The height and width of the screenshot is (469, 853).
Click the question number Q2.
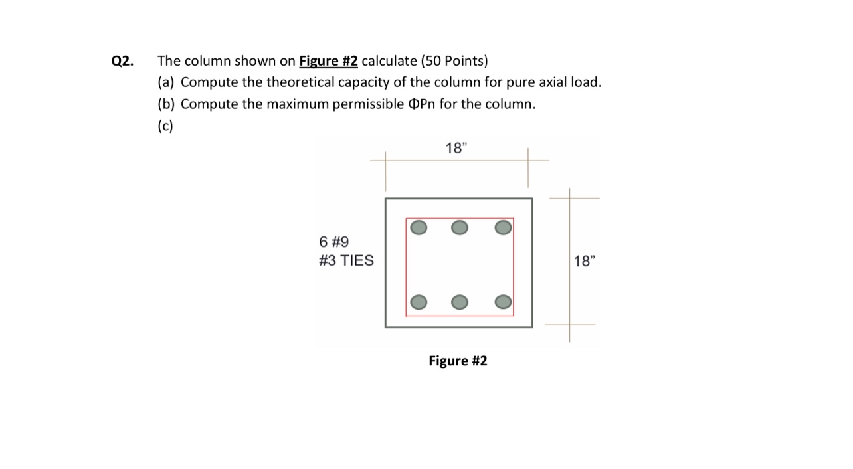tap(122, 62)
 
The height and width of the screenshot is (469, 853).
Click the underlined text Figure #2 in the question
tap(328, 62)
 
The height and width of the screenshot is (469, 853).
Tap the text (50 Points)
tap(454, 62)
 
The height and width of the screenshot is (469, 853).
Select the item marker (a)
tap(166, 83)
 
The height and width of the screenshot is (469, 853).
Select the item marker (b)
tap(167, 104)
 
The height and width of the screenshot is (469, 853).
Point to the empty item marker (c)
tap(165, 126)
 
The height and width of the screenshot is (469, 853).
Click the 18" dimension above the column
tap(456, 148)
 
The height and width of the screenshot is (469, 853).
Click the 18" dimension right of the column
tap(583, 261)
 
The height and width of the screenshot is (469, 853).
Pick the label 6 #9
tap(334, 242)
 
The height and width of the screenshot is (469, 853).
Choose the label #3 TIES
tap(346, 260)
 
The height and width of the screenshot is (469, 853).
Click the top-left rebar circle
tap(419, 228)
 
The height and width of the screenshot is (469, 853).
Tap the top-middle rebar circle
tap(459, 228)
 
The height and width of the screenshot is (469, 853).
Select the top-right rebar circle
tap(503, 228)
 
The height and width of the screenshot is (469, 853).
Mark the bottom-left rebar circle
tap(419, 302)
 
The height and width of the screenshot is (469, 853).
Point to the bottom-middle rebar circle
tap(459, 302)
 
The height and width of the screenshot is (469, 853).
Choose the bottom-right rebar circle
tap(503, 302)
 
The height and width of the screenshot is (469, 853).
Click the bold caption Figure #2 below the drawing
tap(458, 361)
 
